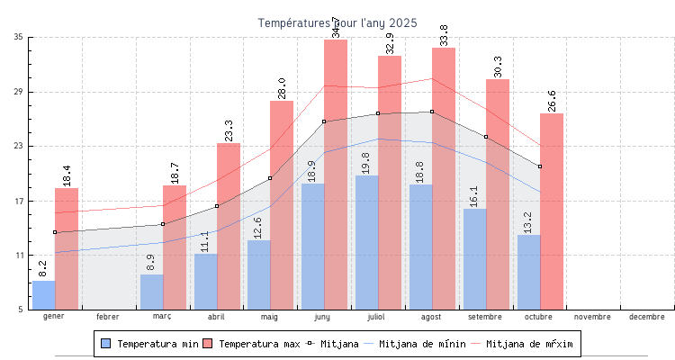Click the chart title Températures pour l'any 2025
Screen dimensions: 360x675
click(x=337, y=22)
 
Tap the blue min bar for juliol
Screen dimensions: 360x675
click(x=366, y=243)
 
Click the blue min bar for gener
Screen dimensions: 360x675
click(x=43, y=295)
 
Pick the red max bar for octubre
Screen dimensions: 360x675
click(x=552, y=211)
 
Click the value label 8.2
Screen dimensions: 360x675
click(x=43, y=268)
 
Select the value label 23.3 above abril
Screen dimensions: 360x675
click(x=228, y=130)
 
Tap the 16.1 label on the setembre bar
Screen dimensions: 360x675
click(x=474, y=195)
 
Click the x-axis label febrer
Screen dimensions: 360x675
click(x=108, y=317)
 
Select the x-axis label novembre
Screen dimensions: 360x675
click(x=592, y=317)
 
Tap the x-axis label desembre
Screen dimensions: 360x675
click(x=647, y=317)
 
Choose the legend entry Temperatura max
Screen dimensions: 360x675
click(x=251, y=344)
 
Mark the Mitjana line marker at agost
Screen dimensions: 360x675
click(x=432, y=112)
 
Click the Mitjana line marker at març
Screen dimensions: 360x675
click(x=163, y=224)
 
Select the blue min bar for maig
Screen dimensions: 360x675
click(x=258, y=274)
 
